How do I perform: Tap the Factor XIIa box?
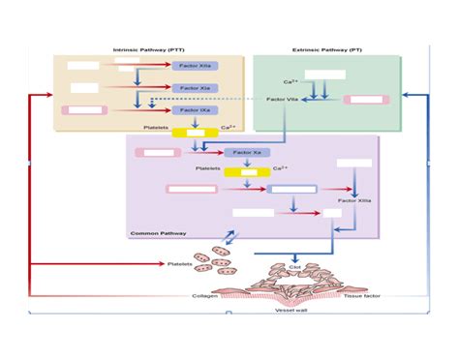pyautogui.click(x=195, y=65)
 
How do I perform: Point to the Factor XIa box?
pyautogui.click(x=195, y=88)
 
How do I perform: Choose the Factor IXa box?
pyautogui.click(x=195, y=110)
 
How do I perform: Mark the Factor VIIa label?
pyautogui.click(x=282, y=100)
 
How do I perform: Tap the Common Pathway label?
pyautogui.click(x=153, y=233)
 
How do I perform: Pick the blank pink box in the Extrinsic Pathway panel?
pyautogui.click(x=368, y=99)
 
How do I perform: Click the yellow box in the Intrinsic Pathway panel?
pyautogui.click(x=195, y=132)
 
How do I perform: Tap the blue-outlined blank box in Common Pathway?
pyautogui.click(x=291, y=190)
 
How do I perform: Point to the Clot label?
pyautogui.click(x=296, y=267)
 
